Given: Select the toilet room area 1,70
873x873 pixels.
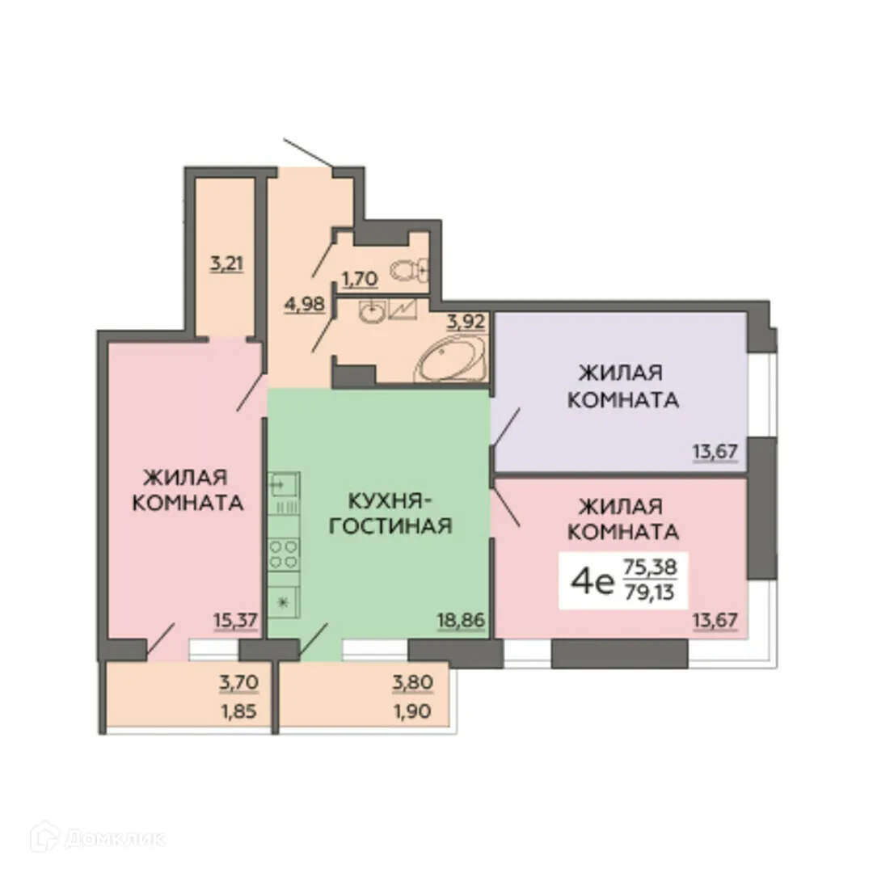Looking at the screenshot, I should (x=359, y=280).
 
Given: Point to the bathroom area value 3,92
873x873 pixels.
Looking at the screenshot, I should (x=465, y=321).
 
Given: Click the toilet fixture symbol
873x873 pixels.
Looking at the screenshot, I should (x=409, y=268).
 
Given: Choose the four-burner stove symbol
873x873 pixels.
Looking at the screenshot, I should (x=284, y=555).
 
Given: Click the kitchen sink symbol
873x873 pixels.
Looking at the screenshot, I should (x=284, y=485).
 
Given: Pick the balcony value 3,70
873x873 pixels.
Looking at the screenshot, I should (x=238, y=683).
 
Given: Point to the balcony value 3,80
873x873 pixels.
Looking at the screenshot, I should (x=413, y=683).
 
